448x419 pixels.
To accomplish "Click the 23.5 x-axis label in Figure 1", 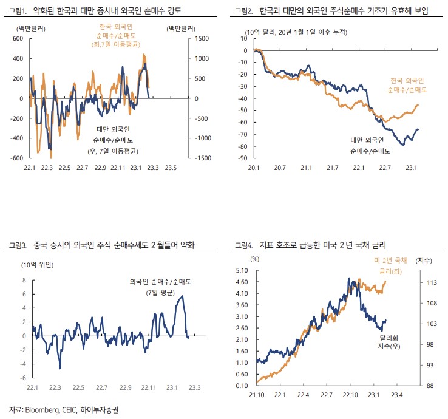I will click(x=172, y=168).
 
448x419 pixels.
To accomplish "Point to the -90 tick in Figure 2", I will click(x=243, y=158).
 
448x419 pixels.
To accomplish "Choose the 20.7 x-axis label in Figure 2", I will click(x=280, y=168).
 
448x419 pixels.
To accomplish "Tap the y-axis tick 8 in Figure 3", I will click(x=24, y=281).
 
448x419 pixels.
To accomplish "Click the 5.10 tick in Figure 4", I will click(x=242, y=270).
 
